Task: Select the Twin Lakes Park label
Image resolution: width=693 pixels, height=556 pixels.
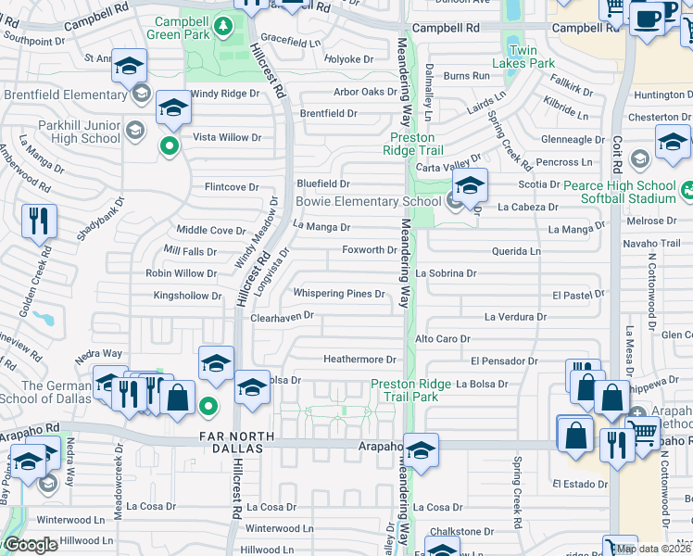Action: (x=523, y=57)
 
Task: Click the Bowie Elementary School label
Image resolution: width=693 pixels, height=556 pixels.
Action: (x=368, y=201)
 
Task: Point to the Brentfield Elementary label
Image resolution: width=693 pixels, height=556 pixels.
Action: (x=65, y=95)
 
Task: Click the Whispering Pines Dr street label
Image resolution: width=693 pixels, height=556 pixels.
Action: (x=339, y=294)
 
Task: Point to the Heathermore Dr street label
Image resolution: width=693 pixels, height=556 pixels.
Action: (x=359, y=359)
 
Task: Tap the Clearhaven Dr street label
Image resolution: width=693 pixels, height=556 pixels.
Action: (x=283, y=317)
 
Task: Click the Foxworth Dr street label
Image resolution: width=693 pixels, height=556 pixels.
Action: (x=370, y=250)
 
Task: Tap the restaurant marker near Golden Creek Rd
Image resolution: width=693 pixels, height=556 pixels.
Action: (x=39, y=222)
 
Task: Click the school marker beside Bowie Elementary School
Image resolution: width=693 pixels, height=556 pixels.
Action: (x=470, y=185)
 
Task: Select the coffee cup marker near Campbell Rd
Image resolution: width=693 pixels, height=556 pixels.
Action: (x=647, y=18)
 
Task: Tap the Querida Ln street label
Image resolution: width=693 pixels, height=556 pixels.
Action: (x=517, y=251)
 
